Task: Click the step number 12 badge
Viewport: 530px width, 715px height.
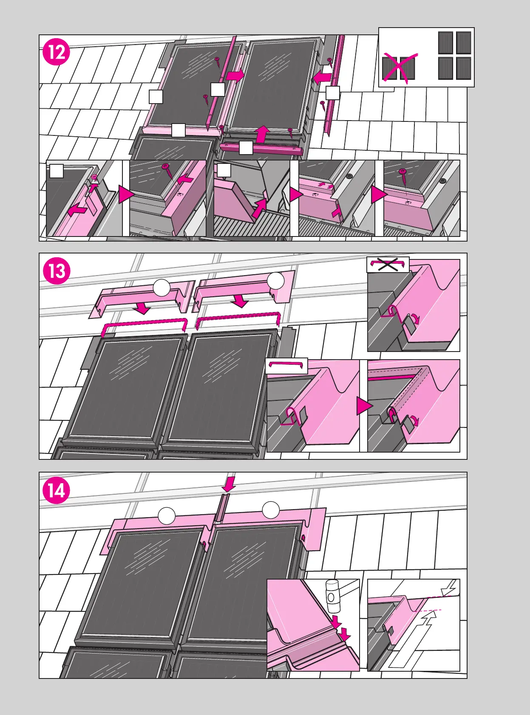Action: click(57, 52)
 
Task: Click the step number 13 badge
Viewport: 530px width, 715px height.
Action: click(57, 271)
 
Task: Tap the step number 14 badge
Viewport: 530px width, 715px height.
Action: click(57, 491)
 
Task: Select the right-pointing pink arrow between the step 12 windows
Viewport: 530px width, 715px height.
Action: click(235, 76)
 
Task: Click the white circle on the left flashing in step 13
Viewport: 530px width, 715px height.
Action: click(162, 287)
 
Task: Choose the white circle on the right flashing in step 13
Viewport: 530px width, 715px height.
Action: click(276, 281)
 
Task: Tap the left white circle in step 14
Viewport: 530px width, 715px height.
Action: click(167, 515)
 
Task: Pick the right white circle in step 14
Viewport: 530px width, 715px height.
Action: click(271, 510)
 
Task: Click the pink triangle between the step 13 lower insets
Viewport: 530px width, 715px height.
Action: click(364, 406)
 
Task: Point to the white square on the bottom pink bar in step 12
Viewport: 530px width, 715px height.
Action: click(246, 148)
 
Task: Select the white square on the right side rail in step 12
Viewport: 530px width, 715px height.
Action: click(332, 93)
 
